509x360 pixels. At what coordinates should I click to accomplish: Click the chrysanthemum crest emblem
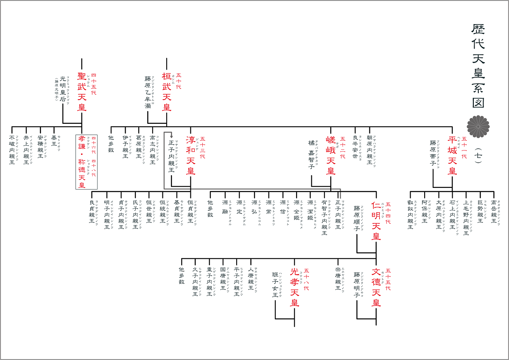(x=478, y=125)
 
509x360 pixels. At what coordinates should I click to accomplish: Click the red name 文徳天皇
(x=376, y=287)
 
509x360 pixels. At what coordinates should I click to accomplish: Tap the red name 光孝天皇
(x=295, y=287)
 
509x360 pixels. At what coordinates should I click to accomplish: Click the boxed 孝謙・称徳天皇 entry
(x=87, y=162)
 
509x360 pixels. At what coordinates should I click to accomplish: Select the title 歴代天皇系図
(x=478, y=66)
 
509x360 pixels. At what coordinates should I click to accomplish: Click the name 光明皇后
(x=63, y=89)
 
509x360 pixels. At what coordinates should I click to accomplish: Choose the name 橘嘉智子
(x=311, y=155)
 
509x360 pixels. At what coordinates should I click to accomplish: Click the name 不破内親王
(x=12, y=150)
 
